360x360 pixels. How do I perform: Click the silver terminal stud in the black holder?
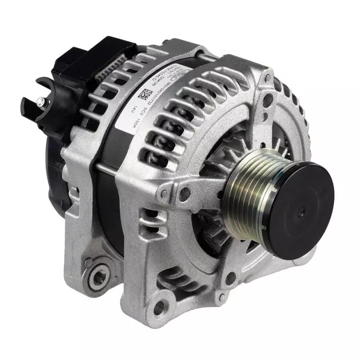pyautogui.click(x=42, y=102)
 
